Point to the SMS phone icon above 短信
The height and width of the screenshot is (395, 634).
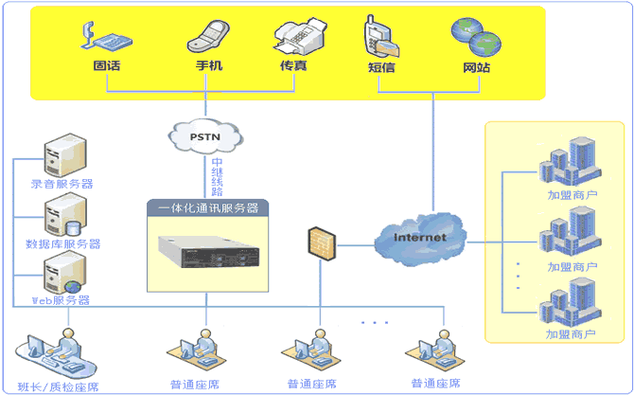[380, 38]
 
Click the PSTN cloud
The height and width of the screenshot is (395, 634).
[205, 136]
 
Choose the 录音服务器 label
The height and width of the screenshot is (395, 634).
[62, 184]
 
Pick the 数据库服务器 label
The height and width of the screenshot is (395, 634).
[62, 243]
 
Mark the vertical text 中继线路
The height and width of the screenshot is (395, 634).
[217, 176]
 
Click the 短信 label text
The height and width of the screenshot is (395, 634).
[381, 67]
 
